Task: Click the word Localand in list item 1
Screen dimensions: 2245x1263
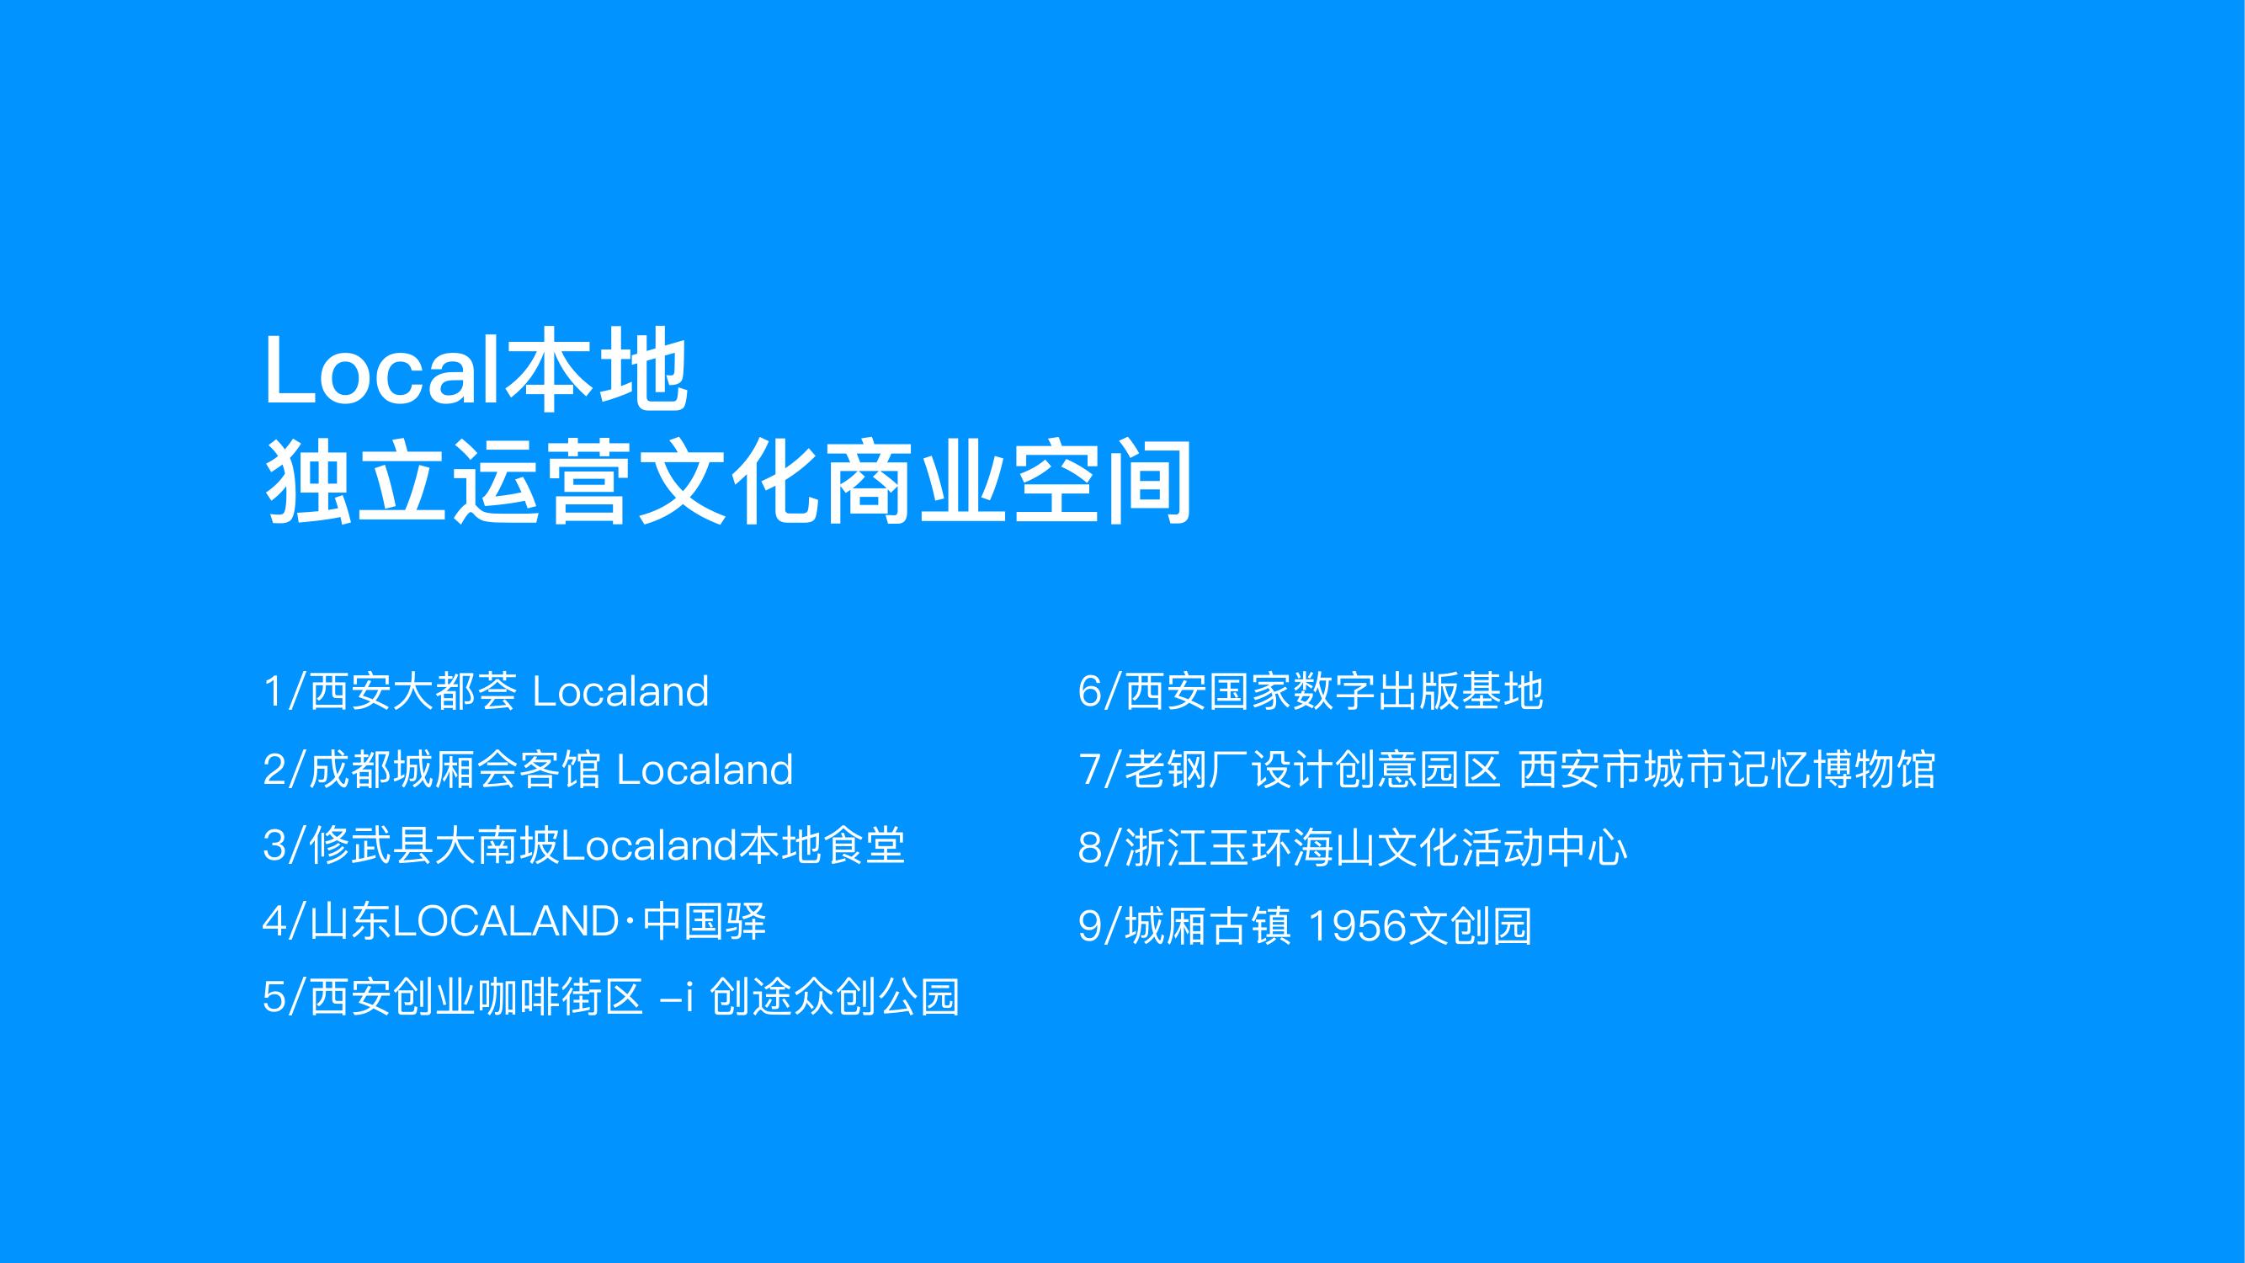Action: tap(620, 691)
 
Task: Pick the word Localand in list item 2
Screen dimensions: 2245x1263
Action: tap(705, 770)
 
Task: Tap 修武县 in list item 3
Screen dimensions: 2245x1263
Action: tap(371, 846)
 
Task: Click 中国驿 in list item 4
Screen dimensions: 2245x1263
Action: tap(705, 922)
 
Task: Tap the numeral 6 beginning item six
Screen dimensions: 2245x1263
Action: tap(1089, 691)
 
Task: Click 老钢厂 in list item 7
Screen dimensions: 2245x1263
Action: tap(1186, 770)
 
